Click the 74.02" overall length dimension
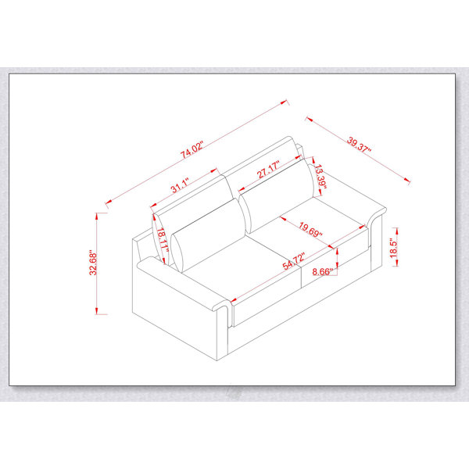point(192,149)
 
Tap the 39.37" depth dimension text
point(359,145)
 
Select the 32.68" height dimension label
point(93,263)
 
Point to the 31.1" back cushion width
point(180,185)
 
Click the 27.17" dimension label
point(268,169)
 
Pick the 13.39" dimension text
point(320,179)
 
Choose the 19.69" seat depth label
point(310,229)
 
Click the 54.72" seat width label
point(294,261)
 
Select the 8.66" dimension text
point(322,271)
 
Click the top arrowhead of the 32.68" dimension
point(97,217)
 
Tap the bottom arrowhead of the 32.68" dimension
point(97,310)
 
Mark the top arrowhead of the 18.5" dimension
point(397,231)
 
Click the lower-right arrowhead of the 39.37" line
point(406,180)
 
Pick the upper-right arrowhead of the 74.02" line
point(284,102)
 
